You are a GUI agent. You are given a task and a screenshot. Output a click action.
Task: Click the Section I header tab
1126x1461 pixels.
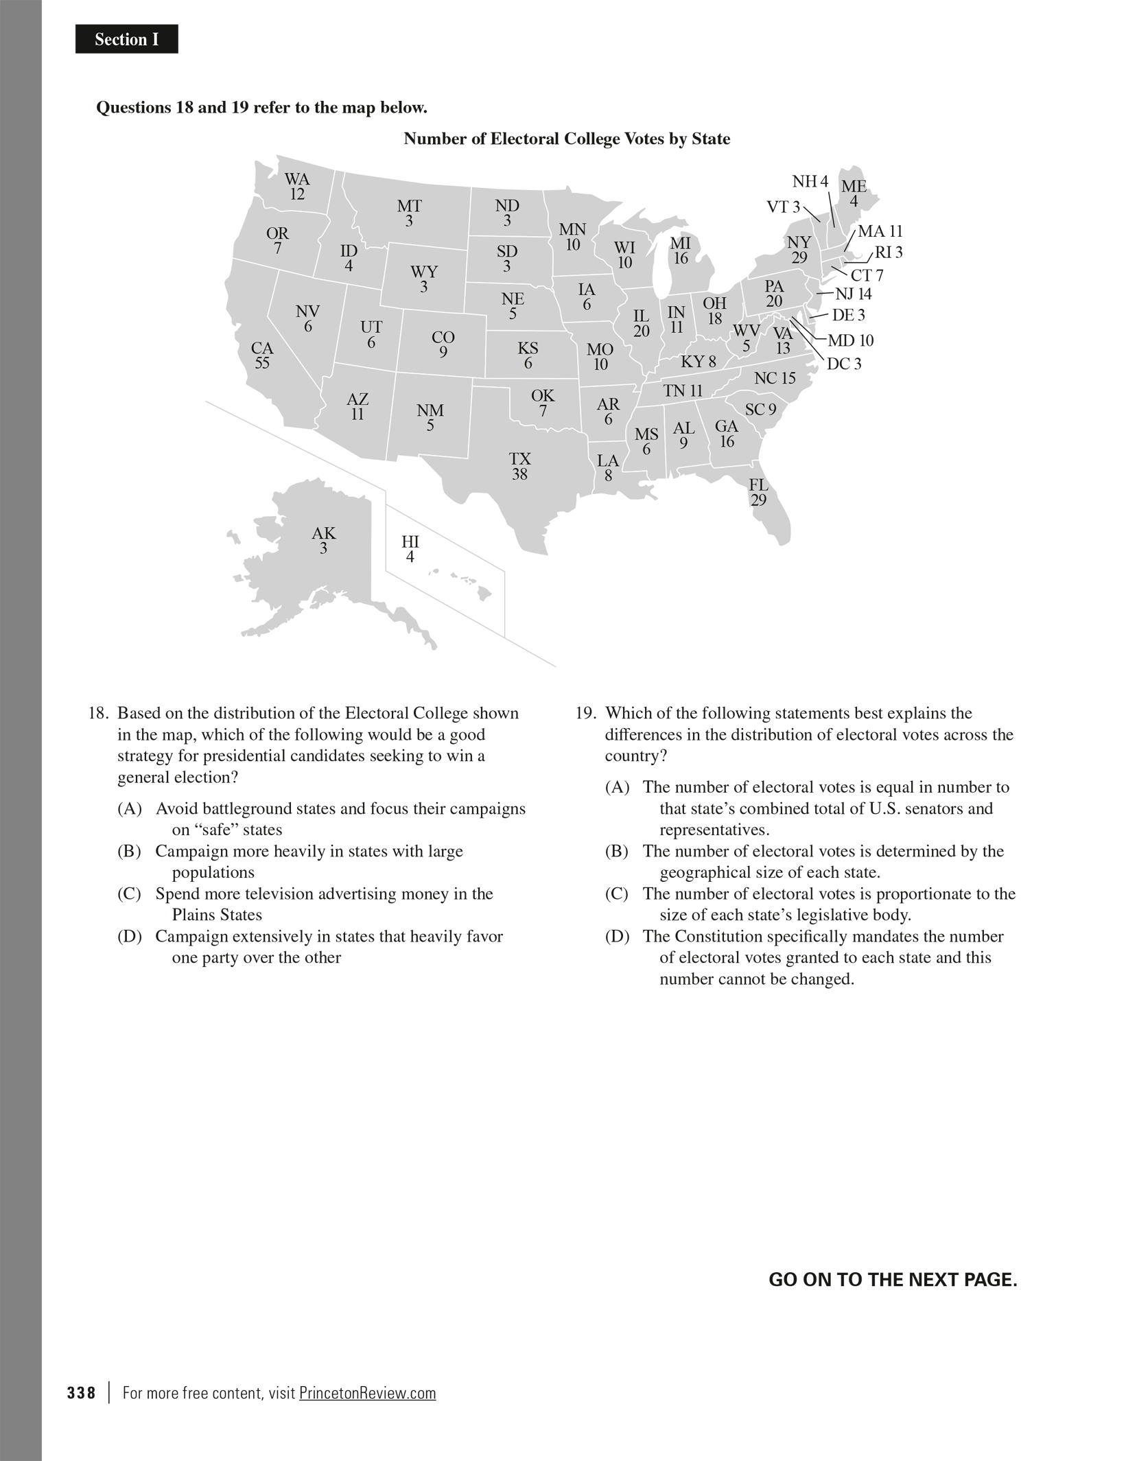coord(126,40)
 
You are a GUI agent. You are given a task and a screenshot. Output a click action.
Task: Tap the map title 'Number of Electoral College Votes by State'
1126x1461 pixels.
coord(566,139)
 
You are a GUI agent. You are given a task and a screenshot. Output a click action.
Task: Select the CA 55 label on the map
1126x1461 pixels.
coord(262,355)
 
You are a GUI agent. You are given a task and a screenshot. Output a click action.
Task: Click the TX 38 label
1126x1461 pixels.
coord(520,466)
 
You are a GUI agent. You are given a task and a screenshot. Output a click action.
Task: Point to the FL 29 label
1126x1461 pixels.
coord(758,493)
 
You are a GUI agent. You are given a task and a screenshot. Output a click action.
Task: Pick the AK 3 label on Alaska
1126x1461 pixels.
coord(323,541)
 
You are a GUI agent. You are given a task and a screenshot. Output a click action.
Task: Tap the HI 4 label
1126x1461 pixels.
coord(410,549)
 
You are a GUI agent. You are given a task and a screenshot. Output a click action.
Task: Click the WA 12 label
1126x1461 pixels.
coord(297,187)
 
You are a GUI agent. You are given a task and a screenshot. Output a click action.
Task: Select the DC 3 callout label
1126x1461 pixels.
coord(843,364)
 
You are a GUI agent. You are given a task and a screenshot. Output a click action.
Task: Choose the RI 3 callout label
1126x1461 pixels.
coord(889,253)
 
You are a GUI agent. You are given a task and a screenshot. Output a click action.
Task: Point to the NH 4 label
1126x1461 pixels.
coord(810,182)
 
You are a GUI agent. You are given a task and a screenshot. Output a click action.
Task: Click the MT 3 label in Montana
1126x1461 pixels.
coord(409,213)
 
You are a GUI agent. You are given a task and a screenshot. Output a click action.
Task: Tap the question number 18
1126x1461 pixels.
coord(99,714)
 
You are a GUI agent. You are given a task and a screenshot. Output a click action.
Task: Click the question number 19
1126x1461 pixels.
coord(585,714)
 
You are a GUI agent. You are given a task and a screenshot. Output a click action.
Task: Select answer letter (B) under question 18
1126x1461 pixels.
coord(129,852)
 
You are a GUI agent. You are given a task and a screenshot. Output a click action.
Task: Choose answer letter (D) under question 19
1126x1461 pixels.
coord(617,937)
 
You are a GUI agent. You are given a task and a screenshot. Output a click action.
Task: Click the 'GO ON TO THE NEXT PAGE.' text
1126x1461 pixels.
coord(893,1280)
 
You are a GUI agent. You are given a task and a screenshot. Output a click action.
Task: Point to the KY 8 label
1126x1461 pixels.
coord(698,362)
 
